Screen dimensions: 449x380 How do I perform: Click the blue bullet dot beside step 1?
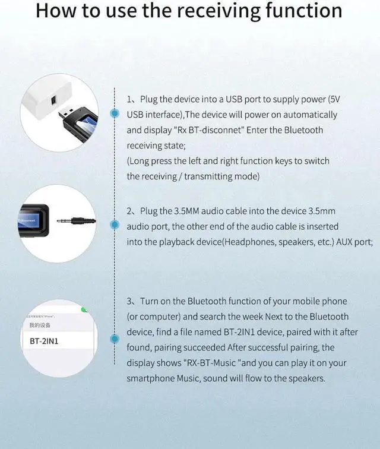(x=114, y=113)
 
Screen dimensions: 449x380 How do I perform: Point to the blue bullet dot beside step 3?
(x=114, y=339)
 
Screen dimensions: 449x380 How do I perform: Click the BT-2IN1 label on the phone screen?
(x=44, y=342)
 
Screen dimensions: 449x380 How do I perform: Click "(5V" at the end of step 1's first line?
(x=334, y=99)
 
